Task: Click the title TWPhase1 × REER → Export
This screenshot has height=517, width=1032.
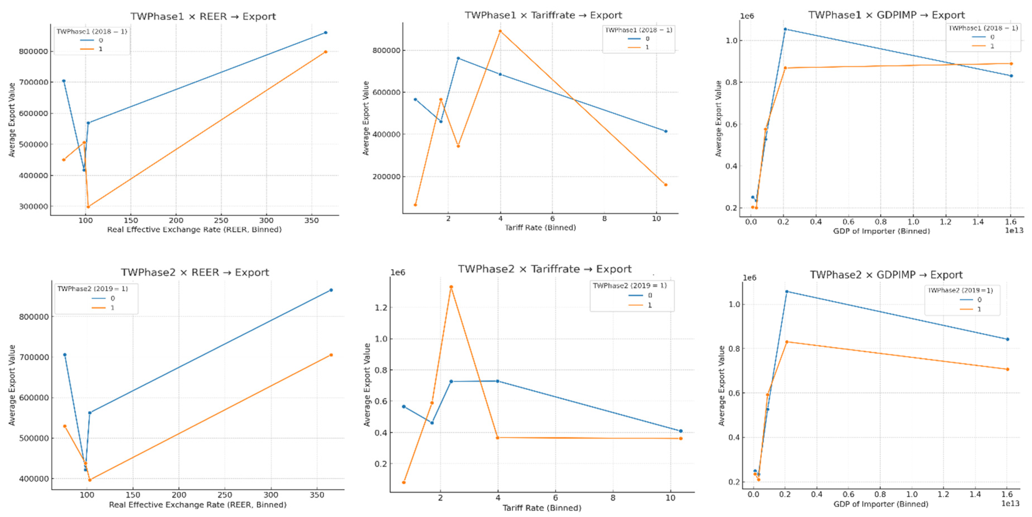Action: [x=203, y=17]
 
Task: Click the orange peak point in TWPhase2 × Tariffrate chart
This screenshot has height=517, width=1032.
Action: [x=451, y=287]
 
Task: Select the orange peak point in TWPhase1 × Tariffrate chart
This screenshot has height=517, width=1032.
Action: [x=500, y=31]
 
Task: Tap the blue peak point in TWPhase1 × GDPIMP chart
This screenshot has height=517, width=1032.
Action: [x=785, y=29]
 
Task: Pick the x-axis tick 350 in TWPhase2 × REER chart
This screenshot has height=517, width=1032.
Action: [x=317, y=495]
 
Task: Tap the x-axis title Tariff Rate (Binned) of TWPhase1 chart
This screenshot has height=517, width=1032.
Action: [x=540, y=228]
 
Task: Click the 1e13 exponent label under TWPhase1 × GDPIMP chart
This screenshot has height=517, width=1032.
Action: [x=1014, y=230]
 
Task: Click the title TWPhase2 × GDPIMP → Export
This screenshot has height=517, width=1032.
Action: [x=886, y=275]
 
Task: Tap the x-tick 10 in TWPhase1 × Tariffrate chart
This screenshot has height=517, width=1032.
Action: [x=656, y=219]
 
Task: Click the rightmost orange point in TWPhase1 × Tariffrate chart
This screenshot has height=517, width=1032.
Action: [x=666, y=185]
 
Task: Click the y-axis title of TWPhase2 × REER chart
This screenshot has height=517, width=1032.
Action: [x=12, y=385]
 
